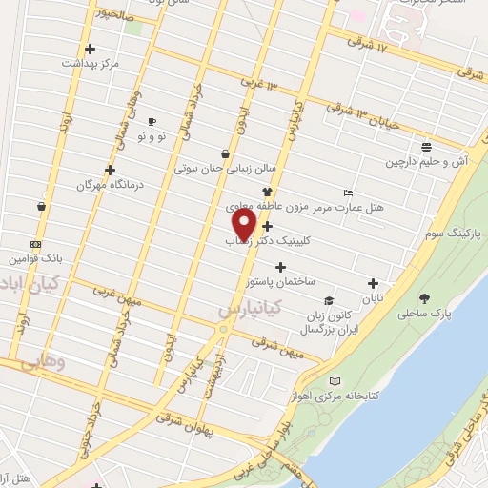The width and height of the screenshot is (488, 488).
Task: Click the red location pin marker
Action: click(x=245, y=225)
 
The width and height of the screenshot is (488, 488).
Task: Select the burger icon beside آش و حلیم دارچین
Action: click(x=426, y=147)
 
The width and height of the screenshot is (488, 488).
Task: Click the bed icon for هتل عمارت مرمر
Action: click(x=347, y=193)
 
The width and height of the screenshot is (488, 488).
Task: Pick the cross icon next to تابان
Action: click(x=373, y=283)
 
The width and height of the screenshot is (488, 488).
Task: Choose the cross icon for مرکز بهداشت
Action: click(x=90, y=49)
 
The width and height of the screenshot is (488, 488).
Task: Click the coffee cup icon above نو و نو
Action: click(x=152, y=122)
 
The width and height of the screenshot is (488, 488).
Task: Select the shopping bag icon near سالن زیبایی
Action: click(x=225, y=153)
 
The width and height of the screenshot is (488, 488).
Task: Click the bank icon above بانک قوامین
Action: click(x=35, y=244)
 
